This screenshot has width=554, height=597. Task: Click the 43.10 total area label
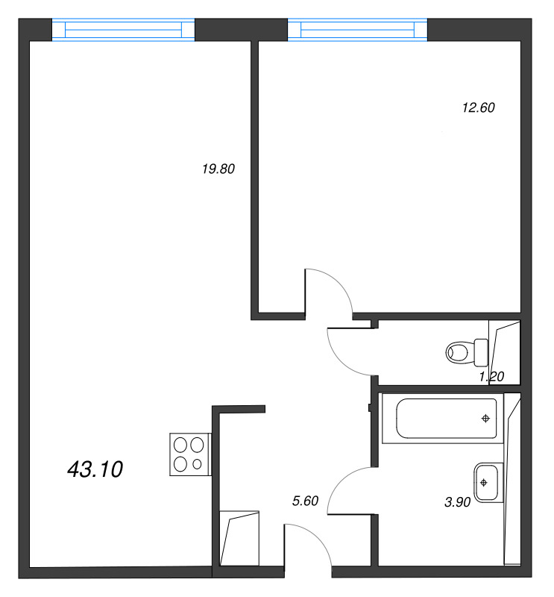pyautogui.click(x=95, y=469)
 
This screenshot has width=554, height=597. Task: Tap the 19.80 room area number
pyautogui.click(x=218, y=169)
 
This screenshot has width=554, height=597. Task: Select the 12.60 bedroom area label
pyautogui.click(x=478, y=107)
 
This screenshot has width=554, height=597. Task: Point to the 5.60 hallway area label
pyautogui.click(x=305, y=501)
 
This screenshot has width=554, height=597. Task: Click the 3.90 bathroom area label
pyautogui.click(x=457, y=502)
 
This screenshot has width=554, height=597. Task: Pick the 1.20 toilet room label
pyautogui.click(x=491, y=377)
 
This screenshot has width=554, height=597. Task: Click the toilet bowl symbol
pyautogui.click(x=467, y=351)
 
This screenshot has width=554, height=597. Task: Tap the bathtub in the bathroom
pyautogui.click(x=443, y=419)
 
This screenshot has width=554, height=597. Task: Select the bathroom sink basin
pyautogui.click(x=488, y=482)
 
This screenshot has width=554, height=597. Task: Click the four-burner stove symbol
pyautogui.click(x=190, y=454)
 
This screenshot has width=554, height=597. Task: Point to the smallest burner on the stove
pyautogui.click(x=197, y=464)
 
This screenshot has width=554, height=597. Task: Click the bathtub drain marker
pyautogui.click(x=485, y=419)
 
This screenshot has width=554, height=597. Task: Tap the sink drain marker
pyautogui.click(x=484, y=482)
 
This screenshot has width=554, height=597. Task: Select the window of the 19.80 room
pyautogui.click(x=123, y=29)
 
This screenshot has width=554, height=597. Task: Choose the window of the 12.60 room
pyautogui.click(x=357, y=29)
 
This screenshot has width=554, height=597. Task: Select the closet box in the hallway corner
pyautogui.click(x=239, y=538)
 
